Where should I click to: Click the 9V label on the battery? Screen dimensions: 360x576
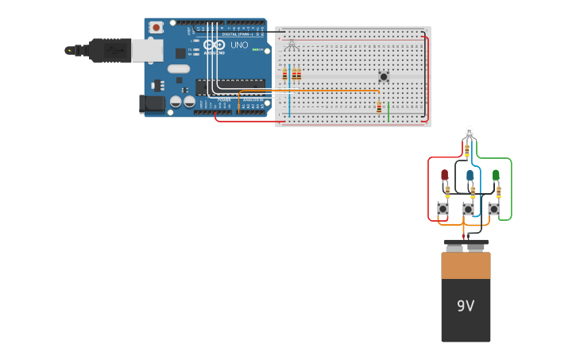point(466,305)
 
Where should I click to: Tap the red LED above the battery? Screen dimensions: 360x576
point(444,174)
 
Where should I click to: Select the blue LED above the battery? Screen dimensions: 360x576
point(470,175)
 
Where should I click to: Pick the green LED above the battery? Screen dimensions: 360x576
point(496,174)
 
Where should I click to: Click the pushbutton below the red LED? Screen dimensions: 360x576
point(443,209)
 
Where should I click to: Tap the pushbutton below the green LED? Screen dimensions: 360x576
point(494,209)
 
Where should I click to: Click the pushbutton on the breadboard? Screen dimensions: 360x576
point(384,76)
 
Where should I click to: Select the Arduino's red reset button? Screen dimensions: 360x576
point(156,27)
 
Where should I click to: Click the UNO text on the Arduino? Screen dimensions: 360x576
point(239,45)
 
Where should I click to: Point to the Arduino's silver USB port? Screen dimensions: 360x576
point(147,51)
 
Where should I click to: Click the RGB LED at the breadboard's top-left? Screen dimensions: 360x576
point(291,45)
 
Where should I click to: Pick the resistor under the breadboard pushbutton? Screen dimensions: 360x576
point(379,107)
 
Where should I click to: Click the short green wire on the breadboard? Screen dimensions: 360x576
point(389,111)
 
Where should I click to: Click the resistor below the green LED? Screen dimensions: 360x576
point(498,191)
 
